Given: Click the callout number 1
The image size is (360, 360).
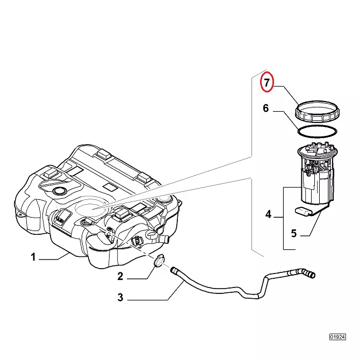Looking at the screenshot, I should point(33,257).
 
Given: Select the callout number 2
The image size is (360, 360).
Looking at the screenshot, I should point(120,277).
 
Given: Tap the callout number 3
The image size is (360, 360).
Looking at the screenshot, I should point(120,297).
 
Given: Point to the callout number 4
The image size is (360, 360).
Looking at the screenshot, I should point(268,215).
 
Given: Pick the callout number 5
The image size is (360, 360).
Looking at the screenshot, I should point(294,233).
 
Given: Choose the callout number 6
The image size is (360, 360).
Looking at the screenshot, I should point(265,109).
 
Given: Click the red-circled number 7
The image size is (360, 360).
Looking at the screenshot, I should point(267,83).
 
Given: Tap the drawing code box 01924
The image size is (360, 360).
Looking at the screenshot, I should point(337,337).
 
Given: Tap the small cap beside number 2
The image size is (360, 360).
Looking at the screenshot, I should point(159,262).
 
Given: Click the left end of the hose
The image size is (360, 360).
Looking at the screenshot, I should point(175,271).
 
